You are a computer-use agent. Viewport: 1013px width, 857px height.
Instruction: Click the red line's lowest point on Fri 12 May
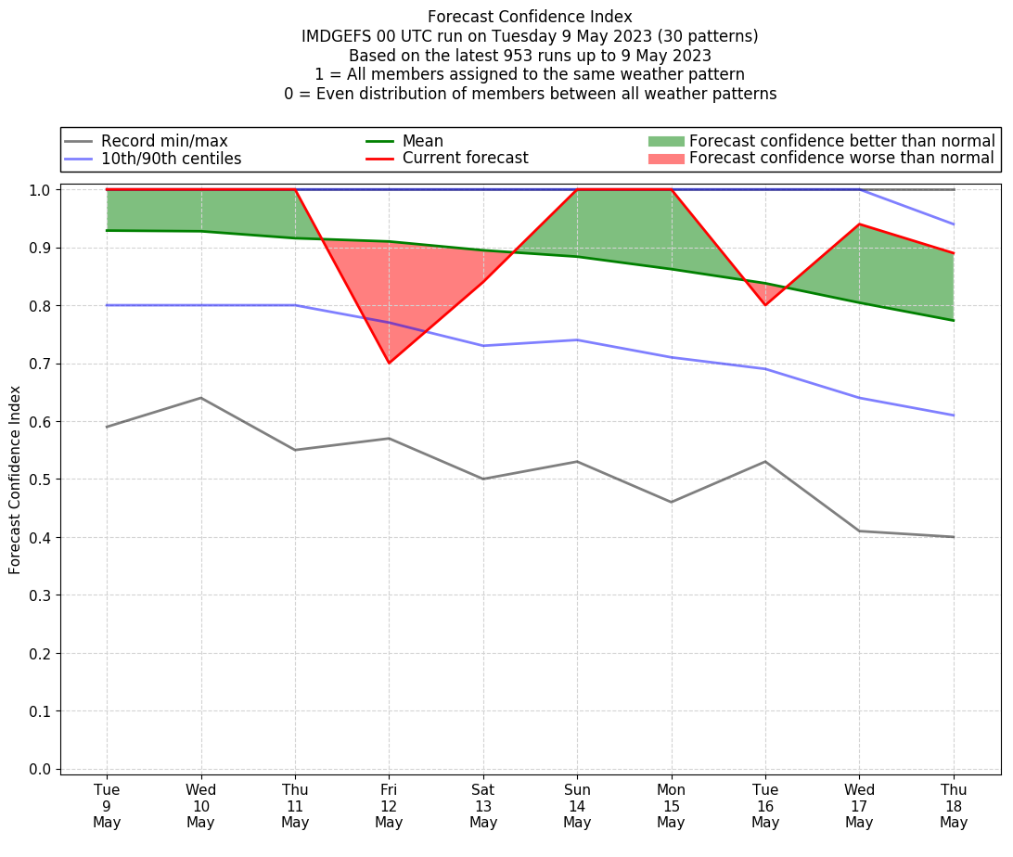tap(389, 363)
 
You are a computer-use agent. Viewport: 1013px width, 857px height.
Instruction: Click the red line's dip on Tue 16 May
tap(765, 304)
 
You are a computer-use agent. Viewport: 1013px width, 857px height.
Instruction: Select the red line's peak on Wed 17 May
tap(859, 224)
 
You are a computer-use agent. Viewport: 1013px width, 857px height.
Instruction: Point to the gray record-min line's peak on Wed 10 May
tap(200, 398)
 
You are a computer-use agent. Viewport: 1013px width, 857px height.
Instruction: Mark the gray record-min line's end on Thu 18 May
tap(954, 537)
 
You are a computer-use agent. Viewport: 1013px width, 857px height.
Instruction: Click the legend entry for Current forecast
tap(465, 159)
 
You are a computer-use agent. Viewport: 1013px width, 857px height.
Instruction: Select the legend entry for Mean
tap(422, 141)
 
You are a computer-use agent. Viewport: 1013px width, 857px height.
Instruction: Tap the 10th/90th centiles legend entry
tap(171, 159)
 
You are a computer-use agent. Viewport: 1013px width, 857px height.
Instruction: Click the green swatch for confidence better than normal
tap(665, 141)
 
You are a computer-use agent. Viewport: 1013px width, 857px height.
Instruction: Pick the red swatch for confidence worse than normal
tap(665, 159)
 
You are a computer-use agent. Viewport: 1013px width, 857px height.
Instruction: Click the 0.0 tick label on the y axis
tap(41, 769)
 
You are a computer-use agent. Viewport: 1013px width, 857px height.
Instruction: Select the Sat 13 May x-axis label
tap(483, 805)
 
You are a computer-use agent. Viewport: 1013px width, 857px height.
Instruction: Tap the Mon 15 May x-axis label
tap(671, 805)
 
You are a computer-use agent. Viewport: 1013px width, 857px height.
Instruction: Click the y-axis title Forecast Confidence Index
tap(15, 480)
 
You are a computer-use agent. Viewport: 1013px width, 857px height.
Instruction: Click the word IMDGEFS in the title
tap(335, 36)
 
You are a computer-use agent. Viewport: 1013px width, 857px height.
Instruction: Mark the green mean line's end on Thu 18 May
tap(954, 320)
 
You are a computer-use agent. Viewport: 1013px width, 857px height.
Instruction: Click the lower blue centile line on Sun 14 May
tap(577, 339)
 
